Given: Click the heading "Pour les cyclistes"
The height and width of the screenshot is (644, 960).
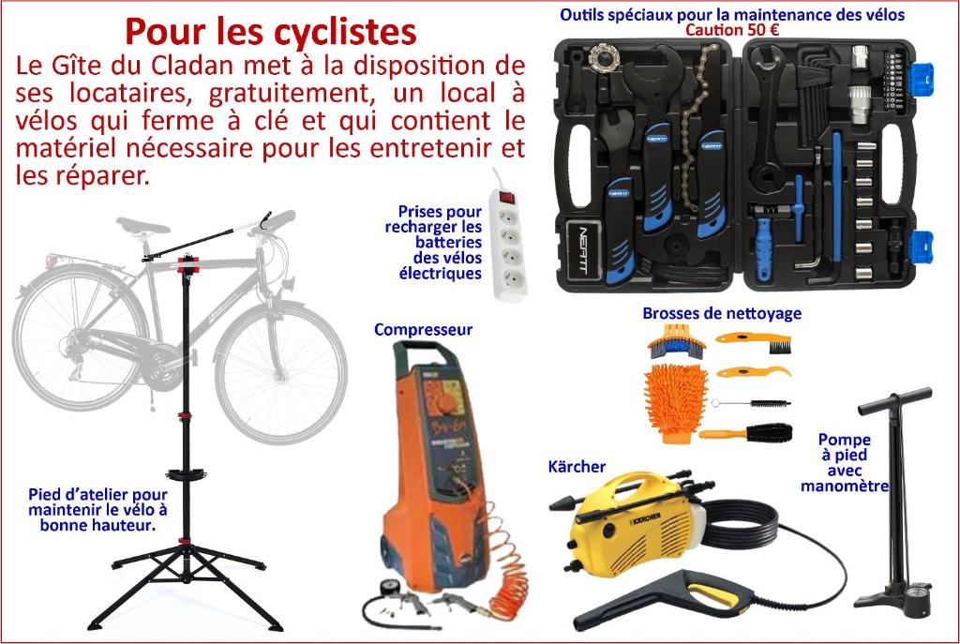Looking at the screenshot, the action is tap(271, 32).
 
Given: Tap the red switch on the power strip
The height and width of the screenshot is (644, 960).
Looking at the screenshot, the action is tap(506, 197).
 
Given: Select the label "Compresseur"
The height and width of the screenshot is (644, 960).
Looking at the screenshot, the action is tap(423, 330).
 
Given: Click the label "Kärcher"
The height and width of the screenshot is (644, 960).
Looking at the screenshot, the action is tap(577, 467).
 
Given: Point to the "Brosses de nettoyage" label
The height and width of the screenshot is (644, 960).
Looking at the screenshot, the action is tap(722, 313).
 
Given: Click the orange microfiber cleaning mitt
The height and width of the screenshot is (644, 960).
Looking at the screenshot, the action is tap(675, 402).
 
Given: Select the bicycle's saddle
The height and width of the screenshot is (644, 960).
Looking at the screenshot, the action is tap(143, 227).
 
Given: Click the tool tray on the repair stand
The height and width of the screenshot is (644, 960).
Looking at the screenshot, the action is tap(186, 473).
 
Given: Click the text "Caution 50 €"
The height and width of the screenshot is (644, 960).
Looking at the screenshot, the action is tap(732, 29).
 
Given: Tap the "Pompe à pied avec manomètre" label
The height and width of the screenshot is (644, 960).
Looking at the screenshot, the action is tap(845, 463).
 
